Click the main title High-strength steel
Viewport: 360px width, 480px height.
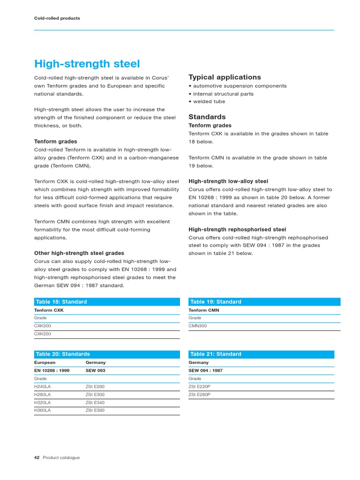point(87,64)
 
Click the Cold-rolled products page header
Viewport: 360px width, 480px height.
point(57,18)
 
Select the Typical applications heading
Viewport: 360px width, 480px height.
point(225,77)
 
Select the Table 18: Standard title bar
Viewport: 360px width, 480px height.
point(107,302)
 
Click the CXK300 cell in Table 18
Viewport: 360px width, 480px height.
point(43,326)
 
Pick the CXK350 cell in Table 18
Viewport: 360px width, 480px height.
point(43,334)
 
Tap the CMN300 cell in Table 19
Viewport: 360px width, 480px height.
point(197,326)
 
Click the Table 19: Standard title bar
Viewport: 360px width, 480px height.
point(264,302)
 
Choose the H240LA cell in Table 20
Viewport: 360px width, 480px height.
point(43,387)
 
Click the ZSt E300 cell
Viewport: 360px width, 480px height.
point(95,395)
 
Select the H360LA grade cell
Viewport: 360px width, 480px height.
point(43,410)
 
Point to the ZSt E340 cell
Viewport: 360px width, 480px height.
point(95,403)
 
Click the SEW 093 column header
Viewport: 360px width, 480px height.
point(95,370)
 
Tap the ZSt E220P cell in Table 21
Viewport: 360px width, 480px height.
point(199,387)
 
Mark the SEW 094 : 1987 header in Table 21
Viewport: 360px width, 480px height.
point(205,370)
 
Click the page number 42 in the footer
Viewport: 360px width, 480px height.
point(37,457)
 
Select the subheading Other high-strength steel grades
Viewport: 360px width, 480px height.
point(79,253)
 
